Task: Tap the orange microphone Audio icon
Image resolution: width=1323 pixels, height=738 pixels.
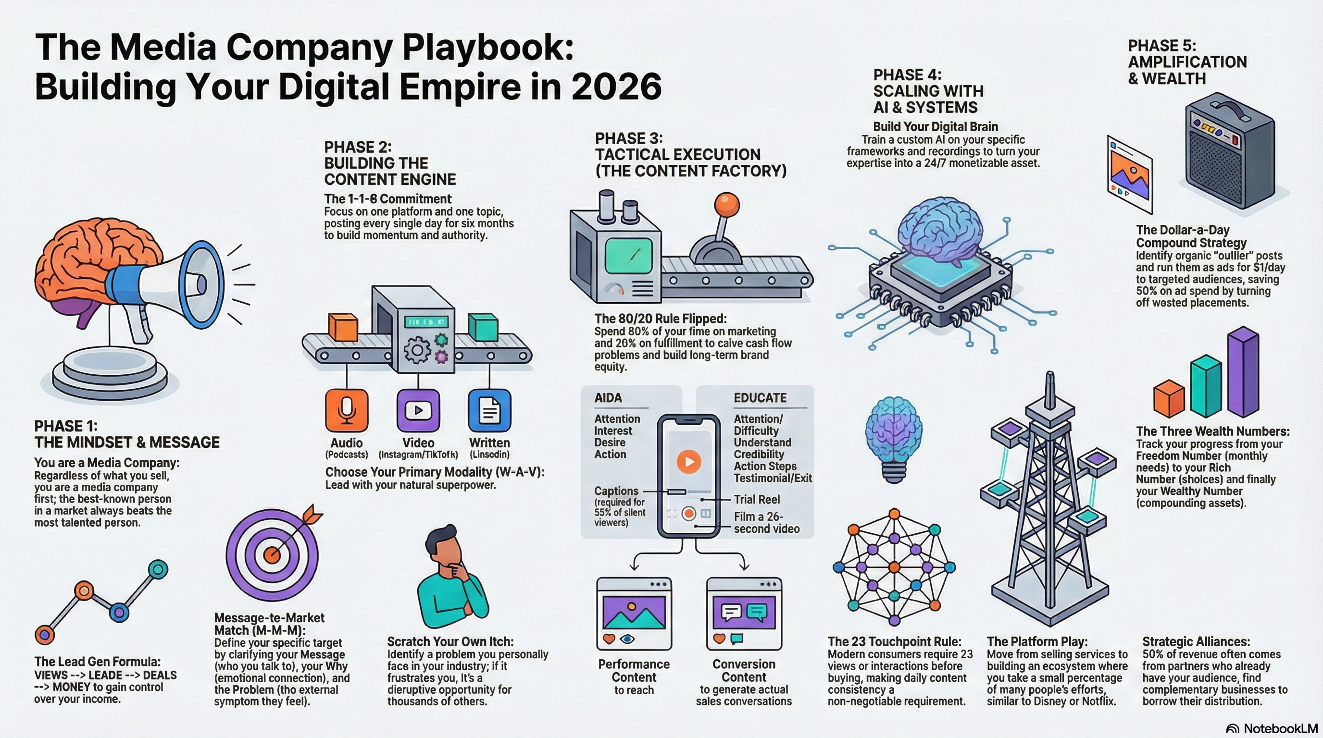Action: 347,411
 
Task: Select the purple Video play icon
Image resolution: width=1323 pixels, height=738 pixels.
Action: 418,411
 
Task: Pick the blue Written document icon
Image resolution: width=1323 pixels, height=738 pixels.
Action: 489,411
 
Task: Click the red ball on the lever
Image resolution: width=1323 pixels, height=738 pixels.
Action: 727,205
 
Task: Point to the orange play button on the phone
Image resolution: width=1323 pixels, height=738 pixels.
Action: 689,461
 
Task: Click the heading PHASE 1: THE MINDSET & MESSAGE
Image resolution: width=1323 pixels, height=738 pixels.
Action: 127,434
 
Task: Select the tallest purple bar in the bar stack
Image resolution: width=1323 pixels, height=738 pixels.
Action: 1243,371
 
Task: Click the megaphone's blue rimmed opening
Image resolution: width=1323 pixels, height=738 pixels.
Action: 203,284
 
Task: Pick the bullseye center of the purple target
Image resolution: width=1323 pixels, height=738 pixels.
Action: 273,554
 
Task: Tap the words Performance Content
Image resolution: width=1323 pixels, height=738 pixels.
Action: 634,671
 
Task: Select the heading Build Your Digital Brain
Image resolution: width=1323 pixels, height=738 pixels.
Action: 935,127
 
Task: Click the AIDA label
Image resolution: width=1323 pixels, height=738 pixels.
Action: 608,398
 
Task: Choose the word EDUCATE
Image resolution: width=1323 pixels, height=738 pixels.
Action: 760,398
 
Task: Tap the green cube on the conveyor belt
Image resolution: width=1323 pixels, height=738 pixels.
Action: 483,327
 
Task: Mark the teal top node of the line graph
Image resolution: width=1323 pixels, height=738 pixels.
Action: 158,569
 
